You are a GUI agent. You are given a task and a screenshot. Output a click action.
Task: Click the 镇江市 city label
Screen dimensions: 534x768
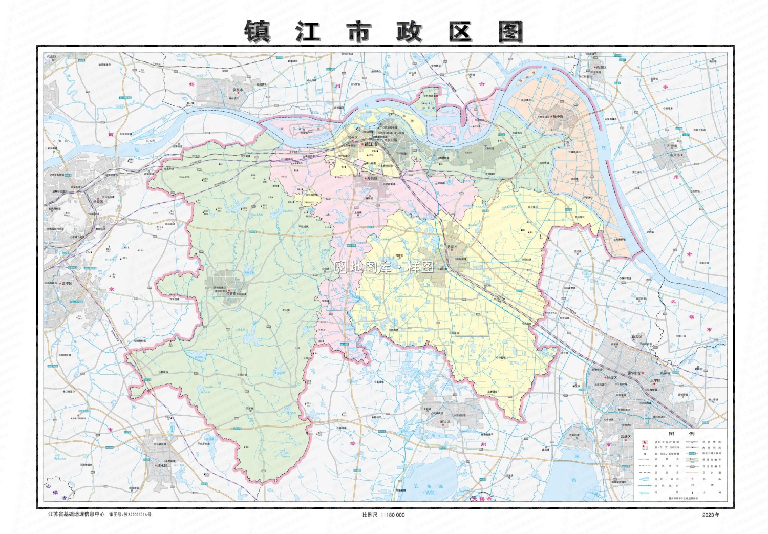(x=371, y=144)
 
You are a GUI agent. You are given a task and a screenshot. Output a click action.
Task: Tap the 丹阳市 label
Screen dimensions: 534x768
(x=453, y=247)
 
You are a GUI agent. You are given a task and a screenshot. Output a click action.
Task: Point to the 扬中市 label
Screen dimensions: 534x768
(x=557, y=117)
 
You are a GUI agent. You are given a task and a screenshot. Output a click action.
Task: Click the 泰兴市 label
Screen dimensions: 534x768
(x=674, y=155)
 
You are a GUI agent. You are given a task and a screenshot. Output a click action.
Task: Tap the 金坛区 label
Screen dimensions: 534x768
(x=445, y=422)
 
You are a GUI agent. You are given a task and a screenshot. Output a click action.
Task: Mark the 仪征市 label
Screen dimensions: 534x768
(x=238, y=90)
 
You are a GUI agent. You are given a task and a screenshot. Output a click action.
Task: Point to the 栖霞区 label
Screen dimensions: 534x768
(x=98, y=202)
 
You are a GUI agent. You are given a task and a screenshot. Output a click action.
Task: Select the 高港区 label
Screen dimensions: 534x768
(x=601, y=67)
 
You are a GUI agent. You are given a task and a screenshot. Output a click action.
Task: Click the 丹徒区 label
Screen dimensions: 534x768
(x=372, y=178)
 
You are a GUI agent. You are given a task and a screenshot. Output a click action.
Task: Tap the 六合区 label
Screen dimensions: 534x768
(x=51, y=57)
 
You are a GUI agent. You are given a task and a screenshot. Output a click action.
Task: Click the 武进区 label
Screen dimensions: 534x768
(x=626, y=437)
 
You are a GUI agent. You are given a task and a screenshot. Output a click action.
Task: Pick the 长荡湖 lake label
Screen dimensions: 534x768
(x=423, y=486)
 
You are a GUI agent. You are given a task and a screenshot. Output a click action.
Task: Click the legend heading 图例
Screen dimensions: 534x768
(x=681, y=433)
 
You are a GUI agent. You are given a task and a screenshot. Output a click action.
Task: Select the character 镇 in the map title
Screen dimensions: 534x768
(x=257, y=32)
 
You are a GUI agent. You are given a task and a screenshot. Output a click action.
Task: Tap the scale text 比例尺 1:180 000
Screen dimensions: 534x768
(x=383, y=515)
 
